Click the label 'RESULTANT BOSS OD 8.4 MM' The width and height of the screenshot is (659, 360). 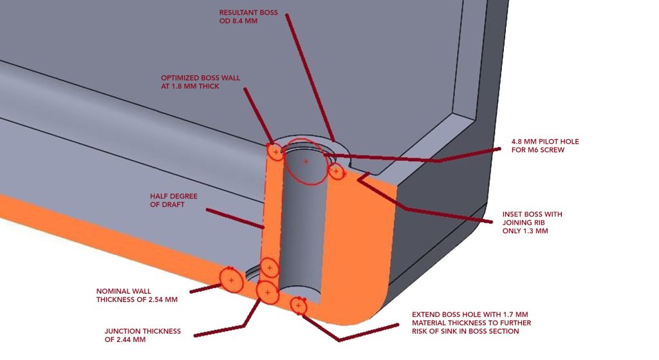click(248, 16)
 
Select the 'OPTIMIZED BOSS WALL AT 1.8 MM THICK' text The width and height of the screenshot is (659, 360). click(200, 82)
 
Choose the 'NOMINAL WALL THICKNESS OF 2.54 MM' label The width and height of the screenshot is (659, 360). click(136, 295)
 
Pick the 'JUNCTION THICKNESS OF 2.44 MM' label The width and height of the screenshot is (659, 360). click(142, 336)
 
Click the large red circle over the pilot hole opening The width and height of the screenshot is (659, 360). click(306, 161)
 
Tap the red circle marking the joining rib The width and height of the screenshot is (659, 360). click(336, 171)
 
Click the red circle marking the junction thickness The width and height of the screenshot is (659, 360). click(267, 292)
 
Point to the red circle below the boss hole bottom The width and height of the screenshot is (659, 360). click(298, 305)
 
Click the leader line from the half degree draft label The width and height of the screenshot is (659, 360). click(235, 218)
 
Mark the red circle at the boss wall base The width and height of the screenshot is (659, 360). click(270, 267)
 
